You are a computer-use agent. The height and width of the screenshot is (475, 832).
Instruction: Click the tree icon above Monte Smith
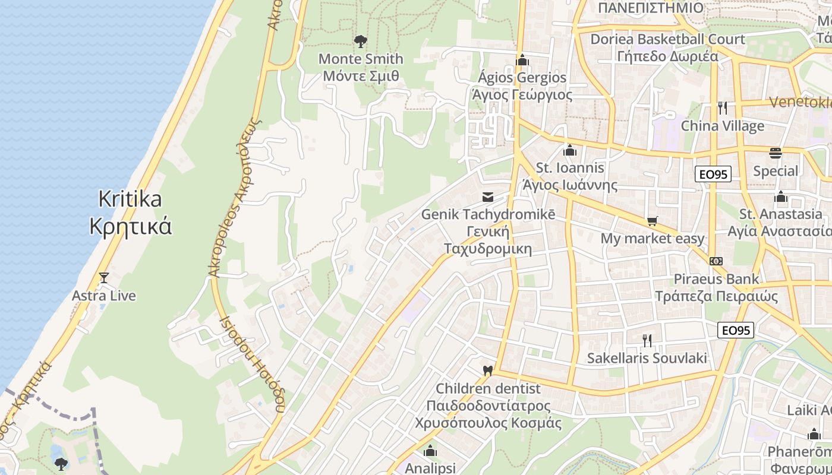coord(360,41)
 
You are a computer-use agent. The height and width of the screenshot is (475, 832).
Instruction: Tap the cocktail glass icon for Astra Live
coord(104,277)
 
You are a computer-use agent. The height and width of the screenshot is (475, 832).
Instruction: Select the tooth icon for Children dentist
coord(488,370)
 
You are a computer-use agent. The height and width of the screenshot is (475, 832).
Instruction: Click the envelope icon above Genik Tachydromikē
coord(488,197)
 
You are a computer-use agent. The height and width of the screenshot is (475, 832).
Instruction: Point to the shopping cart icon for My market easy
coord(652,221)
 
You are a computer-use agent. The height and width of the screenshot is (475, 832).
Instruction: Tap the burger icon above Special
coord(776,153)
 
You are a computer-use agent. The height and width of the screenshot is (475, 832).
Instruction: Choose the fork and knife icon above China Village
coord(723,108)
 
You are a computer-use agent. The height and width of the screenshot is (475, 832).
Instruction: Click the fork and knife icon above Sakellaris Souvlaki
coord(647,340)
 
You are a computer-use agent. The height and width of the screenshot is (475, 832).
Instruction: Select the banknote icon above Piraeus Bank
coord(716,261)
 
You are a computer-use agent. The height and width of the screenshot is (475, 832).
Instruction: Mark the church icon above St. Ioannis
coord(570,151)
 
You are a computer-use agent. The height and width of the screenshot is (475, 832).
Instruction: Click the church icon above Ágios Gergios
coord(522,60)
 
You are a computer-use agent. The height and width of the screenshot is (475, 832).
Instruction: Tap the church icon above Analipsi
coord(430,451)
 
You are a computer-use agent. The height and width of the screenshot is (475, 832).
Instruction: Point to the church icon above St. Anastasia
coord(780,197)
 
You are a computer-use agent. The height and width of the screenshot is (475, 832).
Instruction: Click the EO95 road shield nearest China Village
coord(713,174)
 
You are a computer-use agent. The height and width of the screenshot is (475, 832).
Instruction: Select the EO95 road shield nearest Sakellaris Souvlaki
coord(736,330)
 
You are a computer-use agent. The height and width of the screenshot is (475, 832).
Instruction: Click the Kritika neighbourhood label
coord(130,198)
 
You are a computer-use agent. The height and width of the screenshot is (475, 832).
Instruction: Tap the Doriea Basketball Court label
coord(667,39)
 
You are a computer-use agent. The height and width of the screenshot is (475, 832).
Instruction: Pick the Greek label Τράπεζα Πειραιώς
coord(716,296)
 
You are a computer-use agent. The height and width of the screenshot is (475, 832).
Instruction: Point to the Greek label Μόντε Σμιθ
coord(361,76)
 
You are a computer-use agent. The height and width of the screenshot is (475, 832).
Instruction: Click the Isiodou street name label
coord(253,362)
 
